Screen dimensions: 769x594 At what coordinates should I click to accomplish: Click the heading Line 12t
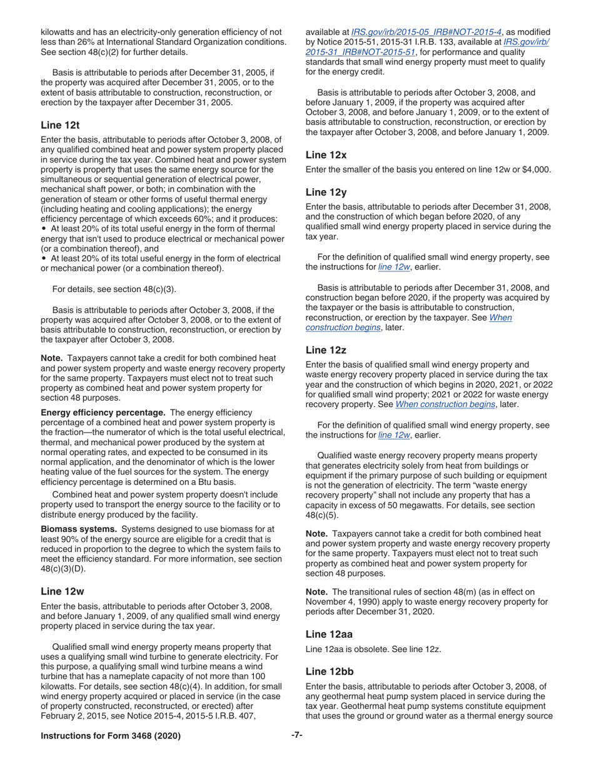[60, 125]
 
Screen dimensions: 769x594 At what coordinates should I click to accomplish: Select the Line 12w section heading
[62, 591]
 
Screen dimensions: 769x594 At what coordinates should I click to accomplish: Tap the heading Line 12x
[326, 154]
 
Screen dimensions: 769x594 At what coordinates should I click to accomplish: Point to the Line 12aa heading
[329, 634]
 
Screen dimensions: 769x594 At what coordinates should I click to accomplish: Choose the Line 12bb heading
[330, 671]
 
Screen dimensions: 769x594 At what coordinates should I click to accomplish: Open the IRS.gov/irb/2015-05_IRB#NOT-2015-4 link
[426, 32]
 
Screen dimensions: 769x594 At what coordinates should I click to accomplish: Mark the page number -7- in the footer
[297, 735]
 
